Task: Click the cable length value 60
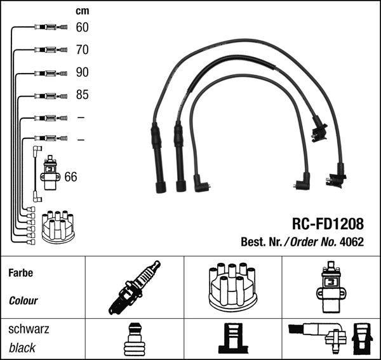pyautogui.click(x=82, y=27)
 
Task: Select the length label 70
pyautogui.click(x=82, y=50)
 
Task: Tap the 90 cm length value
pyautogui.click(x=82, y=72)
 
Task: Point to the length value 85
pyautogui.click(x=82, y=95)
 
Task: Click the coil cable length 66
pyautogui.click(x=70, y=177)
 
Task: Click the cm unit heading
pyautogui.click(x=83, y=11)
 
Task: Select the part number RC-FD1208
pyautogui.click(x=328, y=223)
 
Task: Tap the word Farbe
pyautogui.click(x=21, y=273)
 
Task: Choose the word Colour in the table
pyautogui.click(x=23, y=301)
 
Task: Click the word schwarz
pyautogui.click(x=29, y=329)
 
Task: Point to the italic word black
pyautogui.click(x=22, y=348)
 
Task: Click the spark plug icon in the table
pyautogui.click(x=135, y=288)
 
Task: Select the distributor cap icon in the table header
pyautogui.click(x=233, y=288)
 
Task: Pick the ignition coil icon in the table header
pyautogui.click(x=331, y=288)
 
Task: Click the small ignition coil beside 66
pyautogui.click(x=50, y=173)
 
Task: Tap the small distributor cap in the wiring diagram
pyautogui.click(x=58, y=227)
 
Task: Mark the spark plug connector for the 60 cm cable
pyautogui.click(x=51, y=27)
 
